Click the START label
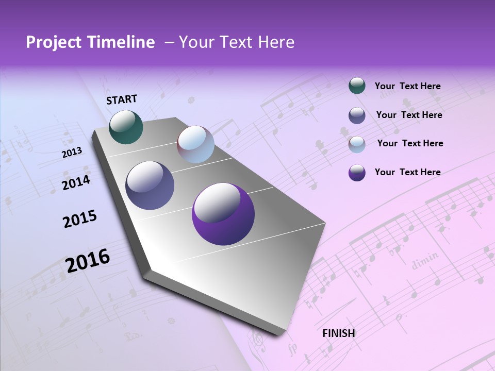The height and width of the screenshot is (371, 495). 122,99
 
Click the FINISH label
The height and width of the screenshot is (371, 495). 339,333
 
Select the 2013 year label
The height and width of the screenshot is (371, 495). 72,153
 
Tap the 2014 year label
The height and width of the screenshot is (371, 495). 76,182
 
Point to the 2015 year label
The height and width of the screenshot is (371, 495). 80,219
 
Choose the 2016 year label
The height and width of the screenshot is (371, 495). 88,260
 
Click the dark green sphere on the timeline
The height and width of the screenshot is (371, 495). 126,127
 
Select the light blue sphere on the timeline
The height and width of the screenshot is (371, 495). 195,144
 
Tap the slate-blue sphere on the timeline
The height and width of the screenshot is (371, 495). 150,185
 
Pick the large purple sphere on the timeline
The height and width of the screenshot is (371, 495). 223,214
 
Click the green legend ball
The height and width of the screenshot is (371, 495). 357,86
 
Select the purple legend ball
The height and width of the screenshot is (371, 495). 357,173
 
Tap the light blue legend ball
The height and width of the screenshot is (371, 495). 357,144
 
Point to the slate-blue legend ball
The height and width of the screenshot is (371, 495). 357,115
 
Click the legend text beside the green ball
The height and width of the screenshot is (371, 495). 407,86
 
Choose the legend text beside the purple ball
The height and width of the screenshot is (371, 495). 407,172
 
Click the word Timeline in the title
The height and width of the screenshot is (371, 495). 122,42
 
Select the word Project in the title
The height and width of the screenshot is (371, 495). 54,43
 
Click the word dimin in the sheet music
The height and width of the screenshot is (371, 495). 425,260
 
